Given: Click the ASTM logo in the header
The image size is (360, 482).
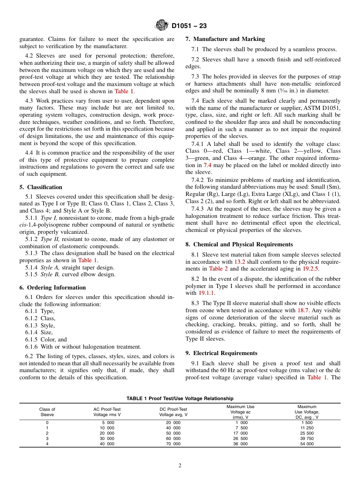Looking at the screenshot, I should coord(162,26).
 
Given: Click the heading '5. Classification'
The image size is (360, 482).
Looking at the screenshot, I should coord(41,187).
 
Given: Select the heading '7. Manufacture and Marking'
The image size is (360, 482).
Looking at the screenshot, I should coord(225,39).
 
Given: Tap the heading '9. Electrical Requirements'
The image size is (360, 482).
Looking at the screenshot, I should coord(221,353).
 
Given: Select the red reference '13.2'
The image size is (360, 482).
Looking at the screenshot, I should coord(240,262).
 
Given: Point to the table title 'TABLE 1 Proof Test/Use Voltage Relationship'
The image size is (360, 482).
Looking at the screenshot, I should coord(180,398).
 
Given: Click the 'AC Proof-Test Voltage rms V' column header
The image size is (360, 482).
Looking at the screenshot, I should coord(107,412).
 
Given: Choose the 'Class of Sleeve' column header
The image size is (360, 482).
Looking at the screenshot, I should coord(47,412).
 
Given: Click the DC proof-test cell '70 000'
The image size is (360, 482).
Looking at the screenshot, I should coord(173,444).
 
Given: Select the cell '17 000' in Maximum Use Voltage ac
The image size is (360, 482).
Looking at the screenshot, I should coord(240,433).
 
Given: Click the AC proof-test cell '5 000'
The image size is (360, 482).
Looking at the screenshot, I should coord(108,423).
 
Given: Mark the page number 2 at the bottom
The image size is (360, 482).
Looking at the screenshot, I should coord(180,466).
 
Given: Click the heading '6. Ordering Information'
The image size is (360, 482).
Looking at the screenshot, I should coord(53,288).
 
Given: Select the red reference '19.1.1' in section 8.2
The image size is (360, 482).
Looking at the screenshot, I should coord(207,293).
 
